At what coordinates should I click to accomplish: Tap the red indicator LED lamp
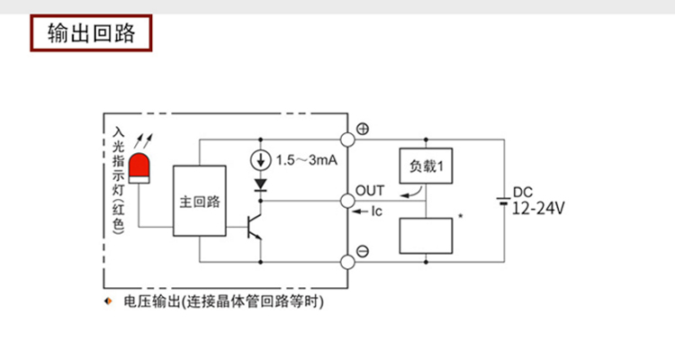139,167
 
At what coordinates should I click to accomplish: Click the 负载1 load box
425,166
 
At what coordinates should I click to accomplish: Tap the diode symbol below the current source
262,184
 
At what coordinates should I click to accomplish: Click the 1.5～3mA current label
306,160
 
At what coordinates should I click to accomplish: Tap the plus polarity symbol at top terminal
363,129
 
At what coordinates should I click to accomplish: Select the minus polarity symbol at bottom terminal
362,252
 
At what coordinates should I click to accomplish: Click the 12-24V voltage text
537,209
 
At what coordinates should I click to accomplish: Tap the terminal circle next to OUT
346,200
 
